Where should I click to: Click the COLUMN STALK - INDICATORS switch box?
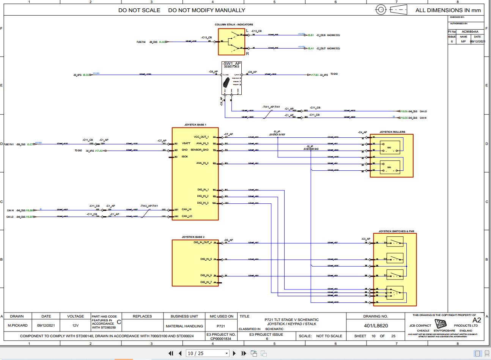coord(231,41)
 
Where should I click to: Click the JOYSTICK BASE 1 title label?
coord(195,125)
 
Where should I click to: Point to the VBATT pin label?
coord(186,144)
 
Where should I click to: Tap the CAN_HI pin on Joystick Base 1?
coord(187,209)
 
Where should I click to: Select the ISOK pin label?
coord(185,157)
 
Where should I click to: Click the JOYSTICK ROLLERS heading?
coord(392,132)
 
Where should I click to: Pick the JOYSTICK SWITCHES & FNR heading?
coord(396,231)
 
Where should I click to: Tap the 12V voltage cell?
coord(75,325)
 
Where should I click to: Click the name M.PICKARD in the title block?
coord(17,325)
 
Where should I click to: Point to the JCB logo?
coord(441,324)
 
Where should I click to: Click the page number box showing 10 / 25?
coord(208,353)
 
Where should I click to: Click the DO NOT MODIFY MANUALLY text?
coord(206,10)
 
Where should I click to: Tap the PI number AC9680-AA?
coord(469,32)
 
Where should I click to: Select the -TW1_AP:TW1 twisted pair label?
coord(271,107)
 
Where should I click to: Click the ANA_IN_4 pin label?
coord(203,163)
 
